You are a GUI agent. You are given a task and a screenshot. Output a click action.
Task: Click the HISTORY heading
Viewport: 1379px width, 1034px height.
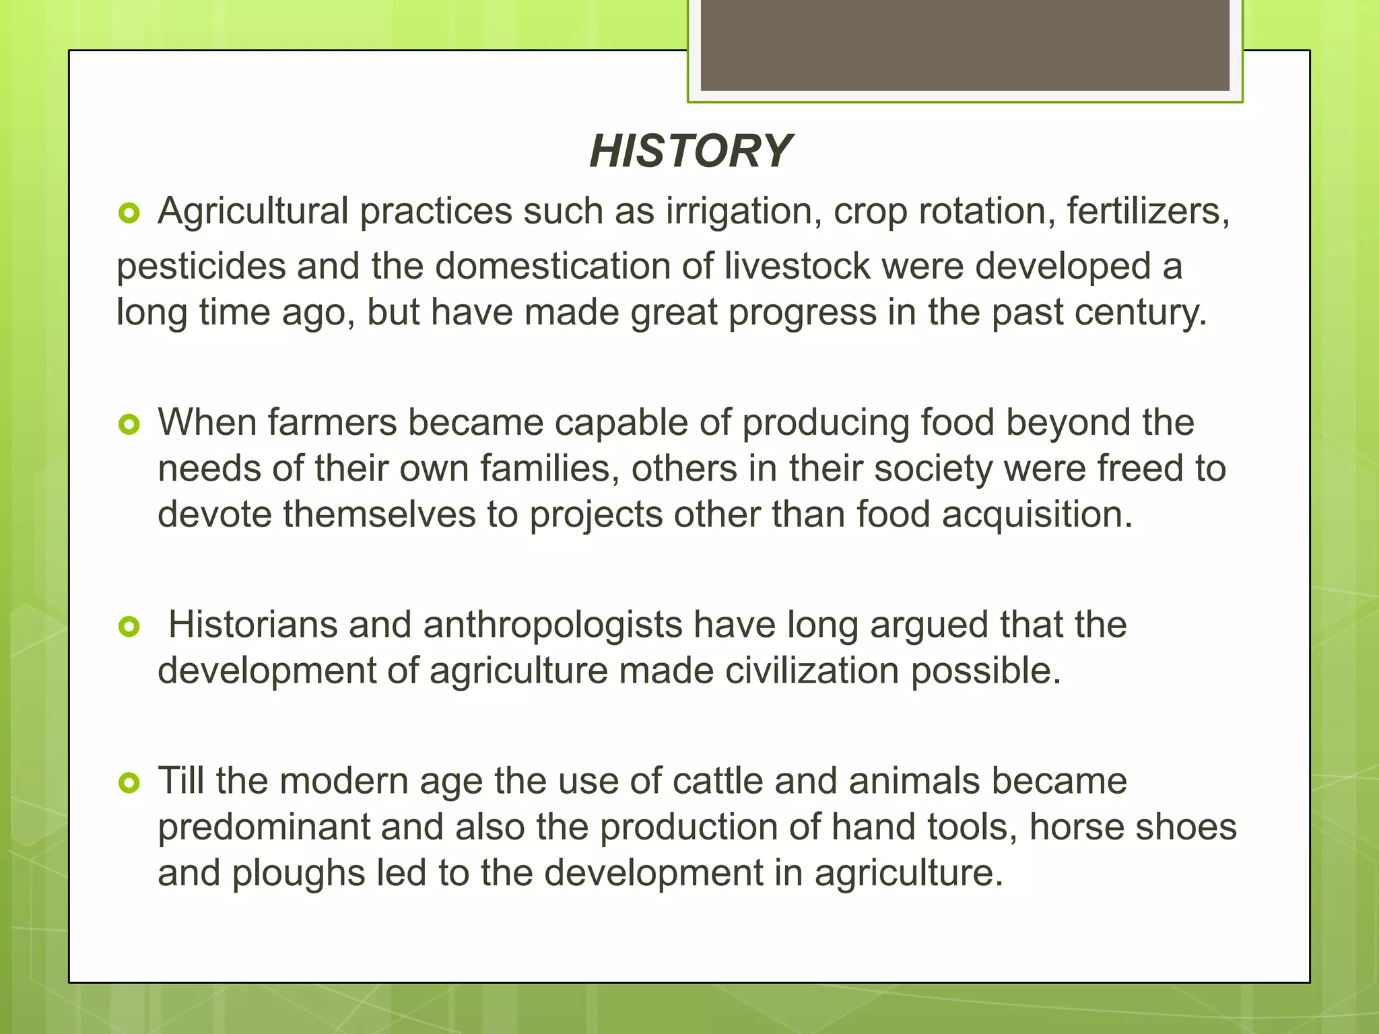pyautogui.click(x=689, y=151)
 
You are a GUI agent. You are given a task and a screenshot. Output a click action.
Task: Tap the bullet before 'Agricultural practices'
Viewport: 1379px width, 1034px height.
pyautogui.click(x=129, y=214)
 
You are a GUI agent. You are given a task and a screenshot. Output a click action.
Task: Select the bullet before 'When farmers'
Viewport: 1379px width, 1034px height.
pyautogui.click(x=129, y=425)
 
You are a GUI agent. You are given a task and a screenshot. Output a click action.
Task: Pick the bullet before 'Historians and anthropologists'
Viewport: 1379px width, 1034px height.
pyautogui.click(x=129, y=627)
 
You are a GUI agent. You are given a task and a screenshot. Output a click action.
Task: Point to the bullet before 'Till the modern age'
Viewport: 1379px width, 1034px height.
pyautogui.click(x=129, y=783)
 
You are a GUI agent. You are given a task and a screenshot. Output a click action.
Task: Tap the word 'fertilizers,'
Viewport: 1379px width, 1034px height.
pyautogui.click(x=1147, y=212)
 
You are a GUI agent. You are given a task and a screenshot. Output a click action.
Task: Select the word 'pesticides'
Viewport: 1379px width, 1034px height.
pyautogui.click(x=201, y=267)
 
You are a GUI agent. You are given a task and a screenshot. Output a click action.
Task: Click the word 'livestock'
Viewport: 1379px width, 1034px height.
pyautogui.click(x=797, y=267)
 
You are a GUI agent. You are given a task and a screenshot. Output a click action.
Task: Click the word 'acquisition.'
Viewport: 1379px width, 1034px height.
pyautogui.click(x=1037, y=516)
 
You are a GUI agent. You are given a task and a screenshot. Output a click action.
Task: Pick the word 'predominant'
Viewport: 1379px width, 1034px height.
pyautogui.click(x=264, y=828)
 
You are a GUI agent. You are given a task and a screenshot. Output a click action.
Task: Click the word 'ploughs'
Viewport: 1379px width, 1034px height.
pyautogui.click(x=298, y=874)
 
